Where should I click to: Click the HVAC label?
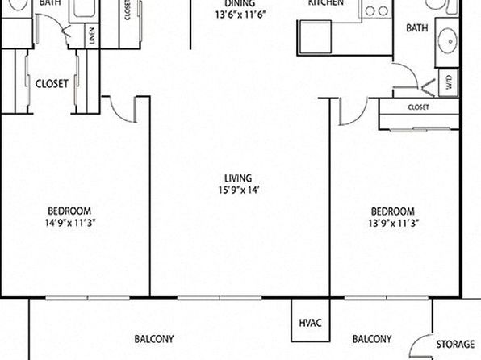[x=310, y=323]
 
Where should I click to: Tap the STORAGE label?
[x=455, y=344]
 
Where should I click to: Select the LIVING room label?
[x=238, y=178]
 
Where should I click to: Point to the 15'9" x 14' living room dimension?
[x=239, y=190]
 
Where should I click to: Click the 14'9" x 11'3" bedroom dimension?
[x=70, y=223]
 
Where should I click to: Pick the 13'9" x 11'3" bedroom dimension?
[x=393, y=223]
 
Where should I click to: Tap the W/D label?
[x=449, y=82]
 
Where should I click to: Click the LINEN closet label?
[x=93, y=35]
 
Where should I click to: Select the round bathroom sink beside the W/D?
[x=448, y=41]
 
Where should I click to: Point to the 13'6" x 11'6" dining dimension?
[x=240, y=15]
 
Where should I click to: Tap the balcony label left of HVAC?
[x=154, y=339]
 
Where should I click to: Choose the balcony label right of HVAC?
[x=372, y=339]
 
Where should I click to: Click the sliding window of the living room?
[x=220, y=298]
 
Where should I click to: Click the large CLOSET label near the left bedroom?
[x=52, y=83]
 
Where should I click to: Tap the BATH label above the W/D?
[x=417, y=28]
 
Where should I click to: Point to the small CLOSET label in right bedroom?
[x=418, y=107]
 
